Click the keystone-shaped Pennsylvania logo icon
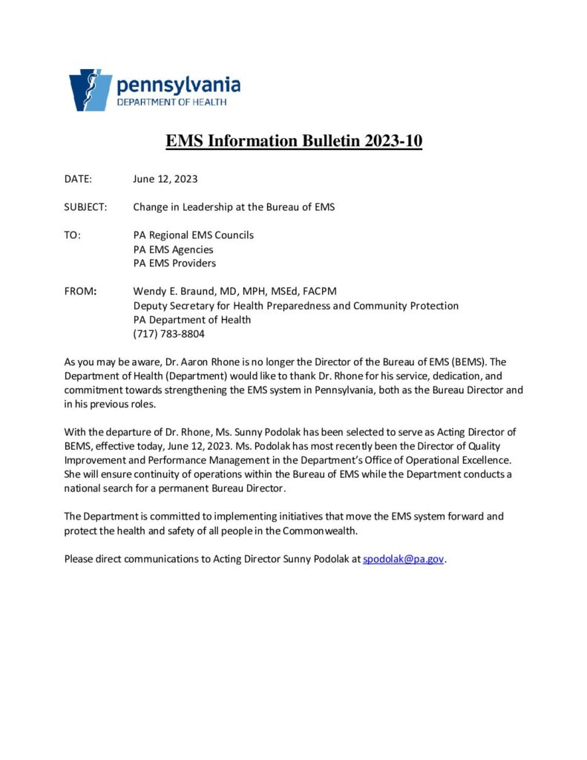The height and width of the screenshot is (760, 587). (91, 90)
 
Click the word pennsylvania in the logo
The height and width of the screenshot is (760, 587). (178, 85)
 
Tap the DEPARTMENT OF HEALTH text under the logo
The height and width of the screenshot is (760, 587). (171, 102)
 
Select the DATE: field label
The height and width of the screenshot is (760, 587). (78, 179)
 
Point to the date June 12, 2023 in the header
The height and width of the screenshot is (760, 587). (165, 179)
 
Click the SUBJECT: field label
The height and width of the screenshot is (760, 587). (86, 207)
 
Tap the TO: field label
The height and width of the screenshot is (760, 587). (73, 235)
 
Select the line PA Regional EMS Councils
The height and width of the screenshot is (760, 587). (193, 235)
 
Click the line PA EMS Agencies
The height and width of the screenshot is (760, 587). (173, 249)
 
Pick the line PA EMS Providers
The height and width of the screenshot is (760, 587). (174, 263)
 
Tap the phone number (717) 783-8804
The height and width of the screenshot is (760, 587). (168, 333)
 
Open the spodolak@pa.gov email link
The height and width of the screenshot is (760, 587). (403, 559)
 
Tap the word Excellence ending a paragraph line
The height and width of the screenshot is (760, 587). (485, 460)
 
